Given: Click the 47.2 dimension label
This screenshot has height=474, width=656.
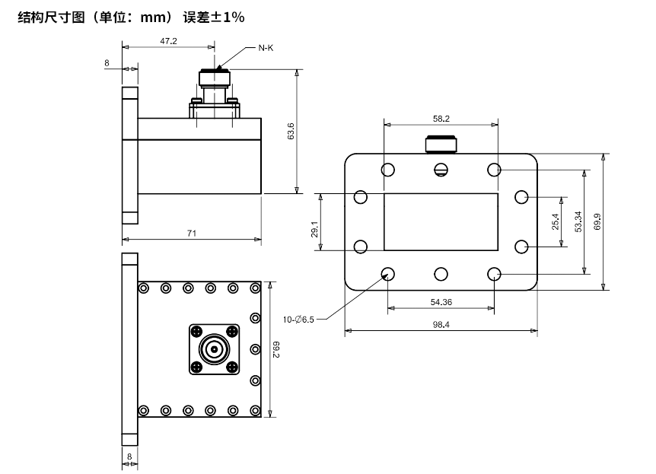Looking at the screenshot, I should coord(169,42).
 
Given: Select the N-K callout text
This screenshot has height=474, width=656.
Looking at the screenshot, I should coord(266,49).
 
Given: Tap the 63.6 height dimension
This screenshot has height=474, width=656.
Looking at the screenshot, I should coord(291,131).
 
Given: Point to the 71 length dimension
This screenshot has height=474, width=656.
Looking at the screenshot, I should coord(192,234).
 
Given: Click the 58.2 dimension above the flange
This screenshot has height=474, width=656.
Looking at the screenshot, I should coord(441,119).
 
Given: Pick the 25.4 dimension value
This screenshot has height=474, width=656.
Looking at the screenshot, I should coord(556,221).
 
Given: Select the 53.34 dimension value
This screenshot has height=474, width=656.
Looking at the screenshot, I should coord(578,221).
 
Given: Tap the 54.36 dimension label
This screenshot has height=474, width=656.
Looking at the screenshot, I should coord(441,302).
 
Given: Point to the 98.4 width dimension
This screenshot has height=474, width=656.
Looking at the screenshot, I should coord(441,324).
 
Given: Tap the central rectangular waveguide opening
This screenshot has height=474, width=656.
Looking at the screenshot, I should coord(441,221).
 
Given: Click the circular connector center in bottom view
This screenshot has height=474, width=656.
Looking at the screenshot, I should coord(214,350).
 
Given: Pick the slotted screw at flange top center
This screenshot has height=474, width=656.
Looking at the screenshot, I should coord(441,170).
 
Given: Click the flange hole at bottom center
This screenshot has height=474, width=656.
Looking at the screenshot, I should coord(441,274).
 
